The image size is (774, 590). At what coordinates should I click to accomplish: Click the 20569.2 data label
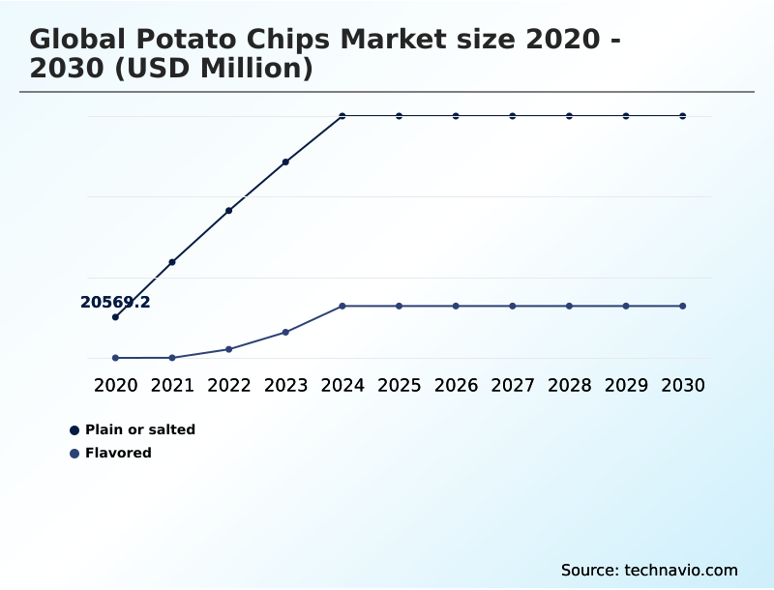(115, 303)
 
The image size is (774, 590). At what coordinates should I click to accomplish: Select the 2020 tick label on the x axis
(115, 385)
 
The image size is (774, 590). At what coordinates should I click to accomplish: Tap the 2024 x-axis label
(342, 385)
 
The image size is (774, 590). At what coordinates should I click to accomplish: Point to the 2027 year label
(513, 385)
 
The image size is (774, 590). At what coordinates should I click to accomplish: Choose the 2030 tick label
(683, 385)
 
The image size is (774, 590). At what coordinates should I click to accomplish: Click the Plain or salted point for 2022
(228, 210)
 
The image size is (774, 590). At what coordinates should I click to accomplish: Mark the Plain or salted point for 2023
(285, 162)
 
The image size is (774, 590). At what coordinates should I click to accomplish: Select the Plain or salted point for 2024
(342, 116)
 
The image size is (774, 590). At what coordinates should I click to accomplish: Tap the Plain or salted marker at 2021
(172, 262)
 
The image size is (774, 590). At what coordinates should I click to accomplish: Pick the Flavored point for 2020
(115, 358)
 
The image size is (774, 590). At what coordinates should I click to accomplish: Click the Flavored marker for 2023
(285, 332)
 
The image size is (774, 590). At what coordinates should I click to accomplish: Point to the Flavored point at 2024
(342, 306)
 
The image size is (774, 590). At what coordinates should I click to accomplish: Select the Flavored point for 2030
(683, 306)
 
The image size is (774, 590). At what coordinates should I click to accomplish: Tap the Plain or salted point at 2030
(683, 116)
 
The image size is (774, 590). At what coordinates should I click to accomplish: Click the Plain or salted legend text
(140, 429)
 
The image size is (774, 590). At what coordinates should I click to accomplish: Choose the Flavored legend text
(118, 453)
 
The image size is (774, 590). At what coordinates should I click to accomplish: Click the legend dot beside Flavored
(74, 453)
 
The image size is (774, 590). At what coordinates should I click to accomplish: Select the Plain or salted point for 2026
(456, 116)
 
